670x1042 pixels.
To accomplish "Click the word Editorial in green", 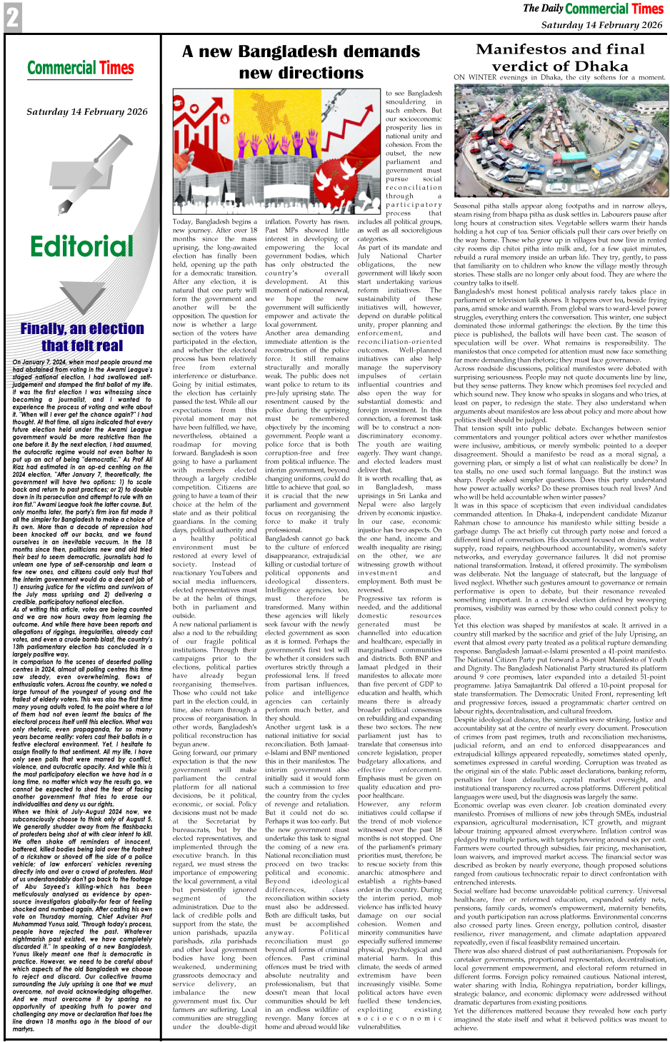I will pos(81,247).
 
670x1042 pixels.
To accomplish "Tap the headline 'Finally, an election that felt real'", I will pos(81,337).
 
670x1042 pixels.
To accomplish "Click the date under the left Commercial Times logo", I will pos(86,112).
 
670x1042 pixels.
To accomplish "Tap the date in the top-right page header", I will pos(601,25).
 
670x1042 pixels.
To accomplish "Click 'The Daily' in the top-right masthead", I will pos(542,9).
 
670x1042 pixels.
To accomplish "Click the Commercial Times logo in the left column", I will pos(81,69).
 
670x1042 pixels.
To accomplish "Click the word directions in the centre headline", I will pos(301,73).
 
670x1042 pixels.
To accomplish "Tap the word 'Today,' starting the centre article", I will pos(182,222).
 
